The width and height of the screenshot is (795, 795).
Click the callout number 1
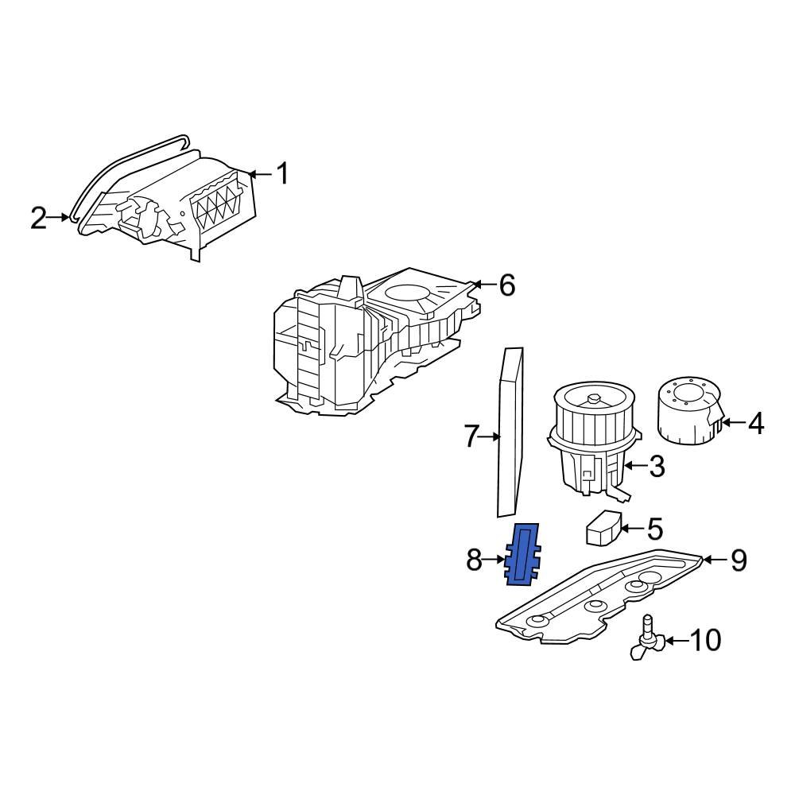click(x=283, y=173)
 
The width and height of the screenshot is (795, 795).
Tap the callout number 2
click(x=39, y=217)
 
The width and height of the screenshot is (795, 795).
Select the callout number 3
click(x=657, y=467)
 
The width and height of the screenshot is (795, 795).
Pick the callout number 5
click(x=654, y=528)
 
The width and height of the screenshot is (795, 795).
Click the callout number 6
click(x=506, y=285)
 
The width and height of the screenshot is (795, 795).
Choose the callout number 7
click(x=472, y=436)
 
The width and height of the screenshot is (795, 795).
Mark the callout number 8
click(x=474, y=561)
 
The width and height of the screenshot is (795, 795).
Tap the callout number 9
click(x=739, y=560)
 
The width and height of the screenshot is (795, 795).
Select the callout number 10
click(x=704, y=640)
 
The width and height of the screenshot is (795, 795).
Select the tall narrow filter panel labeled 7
click(x=510, y=432)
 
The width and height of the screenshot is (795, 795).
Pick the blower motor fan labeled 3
click(x=592, y=442)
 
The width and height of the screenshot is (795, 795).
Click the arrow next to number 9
click(x=713, y=560)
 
